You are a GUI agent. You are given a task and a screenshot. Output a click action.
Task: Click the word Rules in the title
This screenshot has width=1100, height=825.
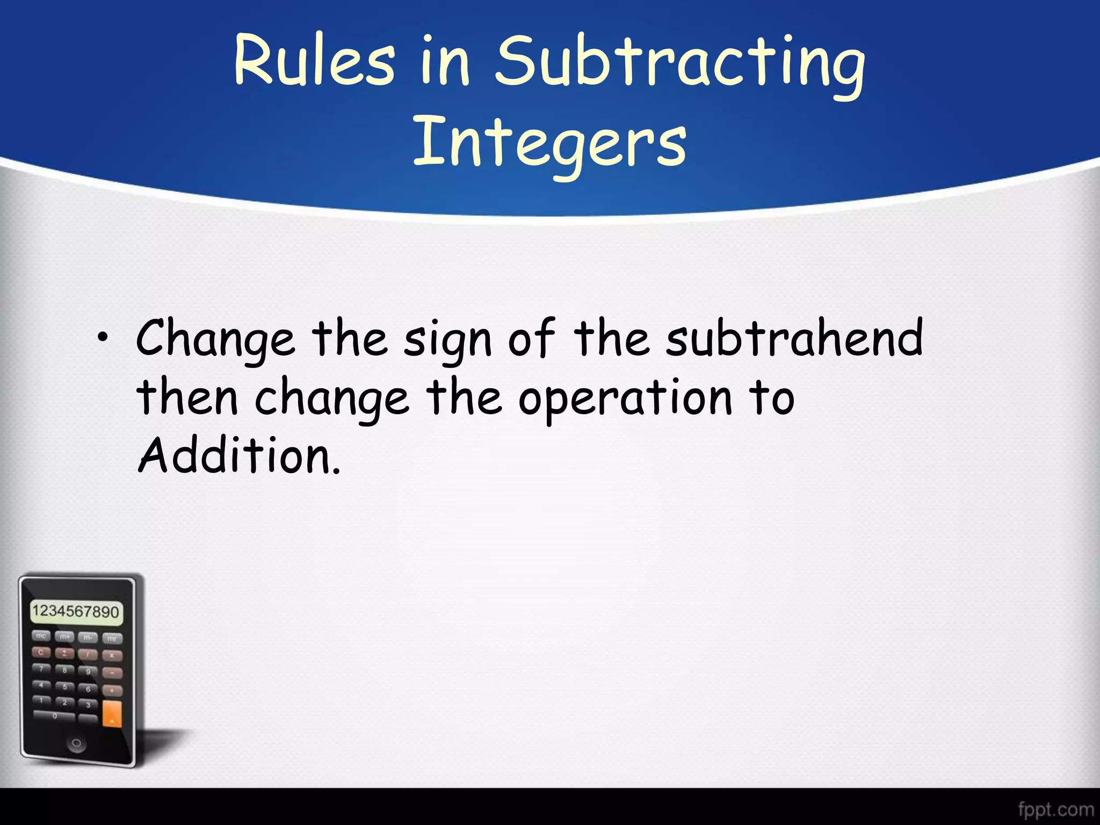click(315, 60)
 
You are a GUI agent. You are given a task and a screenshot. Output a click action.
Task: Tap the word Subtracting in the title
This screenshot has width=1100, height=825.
click(679, 63)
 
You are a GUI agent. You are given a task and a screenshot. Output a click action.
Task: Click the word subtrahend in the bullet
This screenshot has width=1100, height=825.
click(794, 338)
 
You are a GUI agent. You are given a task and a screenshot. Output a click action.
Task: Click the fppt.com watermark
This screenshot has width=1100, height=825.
click(1055, 808)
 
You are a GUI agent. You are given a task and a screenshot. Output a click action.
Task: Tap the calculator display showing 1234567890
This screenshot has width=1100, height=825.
click(76, 612)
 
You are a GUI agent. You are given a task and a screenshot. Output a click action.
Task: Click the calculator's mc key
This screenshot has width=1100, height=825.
click(41, 636)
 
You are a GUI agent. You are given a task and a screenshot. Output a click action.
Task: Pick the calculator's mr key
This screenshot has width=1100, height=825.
click(112, 639)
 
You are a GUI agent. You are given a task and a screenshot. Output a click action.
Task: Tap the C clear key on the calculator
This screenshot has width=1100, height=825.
click(41, 652)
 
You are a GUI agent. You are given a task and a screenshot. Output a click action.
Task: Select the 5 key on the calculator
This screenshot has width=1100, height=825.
click(65, 686)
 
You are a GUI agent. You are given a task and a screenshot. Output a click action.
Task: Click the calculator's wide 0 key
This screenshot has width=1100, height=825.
click(54, 715)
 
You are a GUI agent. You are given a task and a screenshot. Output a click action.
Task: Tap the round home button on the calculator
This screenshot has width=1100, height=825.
click(76, 743)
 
